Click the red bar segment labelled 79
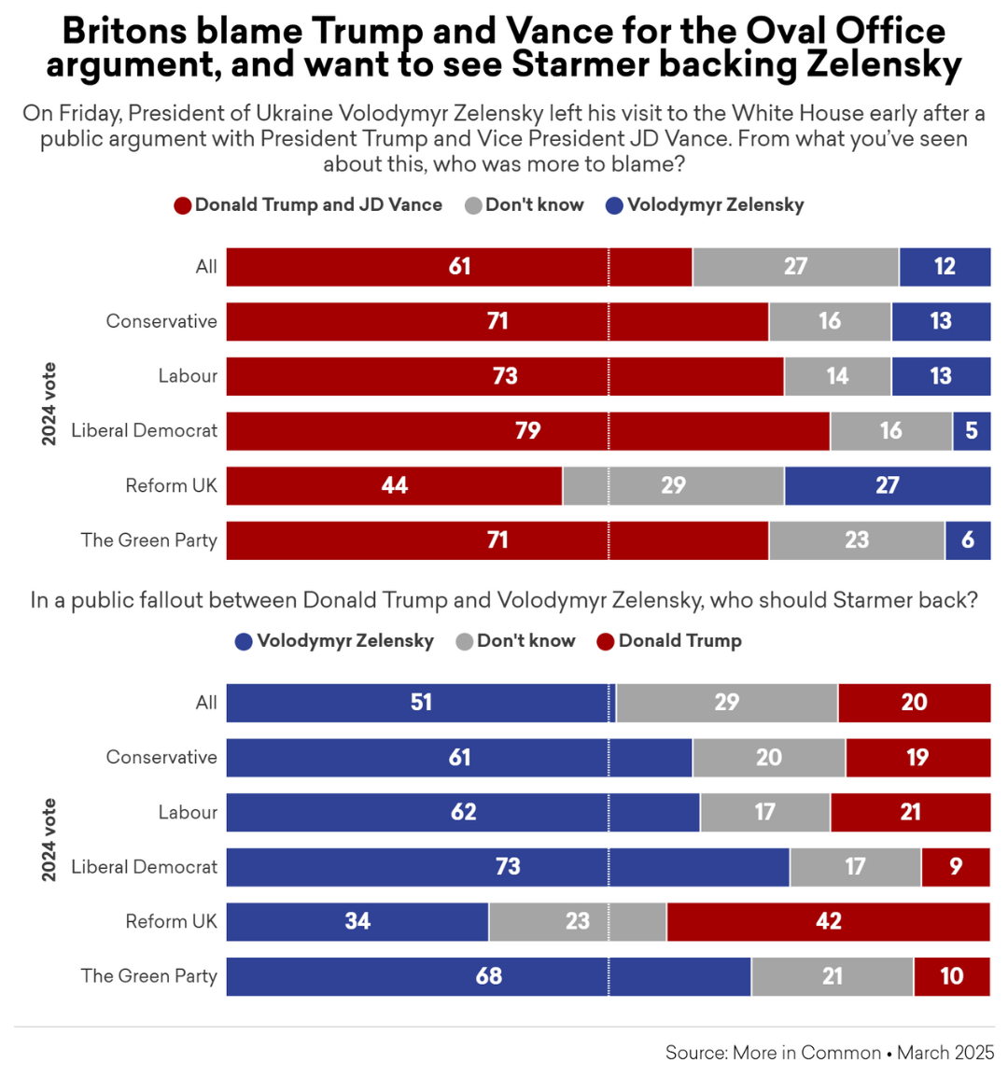point(527,431)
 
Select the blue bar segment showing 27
point(887,485)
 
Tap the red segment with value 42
point(828,922)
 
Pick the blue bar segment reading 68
point(488,976)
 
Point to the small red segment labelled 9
point(955,867)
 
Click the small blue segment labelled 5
point(972,431)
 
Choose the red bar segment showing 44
point(394,485)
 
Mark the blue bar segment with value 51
point(420,703)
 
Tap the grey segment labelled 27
point(795,267)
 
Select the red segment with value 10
point(951,976)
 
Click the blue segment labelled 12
point(945,267)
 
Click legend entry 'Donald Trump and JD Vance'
point(317,205)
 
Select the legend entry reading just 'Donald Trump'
point(679,641)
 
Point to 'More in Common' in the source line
point(806,1053)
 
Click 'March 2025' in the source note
point(945,1053)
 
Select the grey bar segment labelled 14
point(837,376)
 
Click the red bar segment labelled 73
point(504,376)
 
